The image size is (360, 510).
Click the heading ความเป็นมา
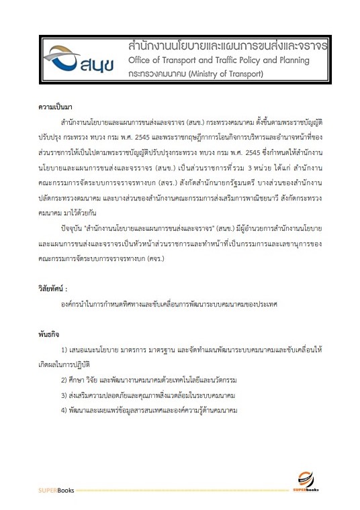55,107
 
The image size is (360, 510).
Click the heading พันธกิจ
50,333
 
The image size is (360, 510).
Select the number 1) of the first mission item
64,350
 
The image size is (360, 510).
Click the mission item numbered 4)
150,409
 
